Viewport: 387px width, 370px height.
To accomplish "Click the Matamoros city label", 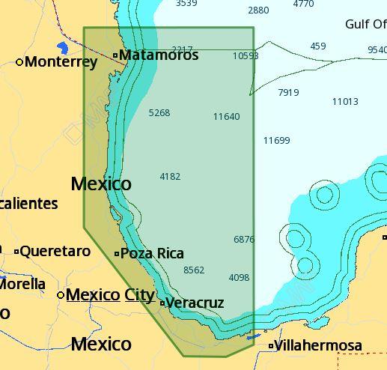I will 159,55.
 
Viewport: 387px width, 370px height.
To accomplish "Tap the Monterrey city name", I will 61,62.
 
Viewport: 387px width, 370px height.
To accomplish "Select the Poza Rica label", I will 152,253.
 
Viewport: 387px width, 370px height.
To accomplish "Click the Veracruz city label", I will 195,303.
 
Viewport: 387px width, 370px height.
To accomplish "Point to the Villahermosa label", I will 318,345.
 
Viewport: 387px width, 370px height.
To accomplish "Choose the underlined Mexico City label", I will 110,295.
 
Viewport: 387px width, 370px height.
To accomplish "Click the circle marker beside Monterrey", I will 19,62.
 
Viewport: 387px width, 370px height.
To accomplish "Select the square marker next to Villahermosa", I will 271,346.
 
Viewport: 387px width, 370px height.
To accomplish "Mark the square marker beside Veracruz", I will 162,303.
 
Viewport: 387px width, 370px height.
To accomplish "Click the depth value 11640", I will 226,117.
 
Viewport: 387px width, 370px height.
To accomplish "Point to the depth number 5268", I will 159,113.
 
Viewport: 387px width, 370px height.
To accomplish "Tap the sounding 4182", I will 170,177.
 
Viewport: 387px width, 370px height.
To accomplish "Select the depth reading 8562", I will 193,270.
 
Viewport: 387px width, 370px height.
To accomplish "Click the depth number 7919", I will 288,93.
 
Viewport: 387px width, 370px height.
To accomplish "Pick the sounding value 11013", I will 345,102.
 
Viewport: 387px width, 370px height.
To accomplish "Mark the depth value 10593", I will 246,56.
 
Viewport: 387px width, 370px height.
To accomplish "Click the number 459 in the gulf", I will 318,46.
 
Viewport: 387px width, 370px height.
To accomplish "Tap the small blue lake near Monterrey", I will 62,49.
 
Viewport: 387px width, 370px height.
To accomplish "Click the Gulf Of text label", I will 365,24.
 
